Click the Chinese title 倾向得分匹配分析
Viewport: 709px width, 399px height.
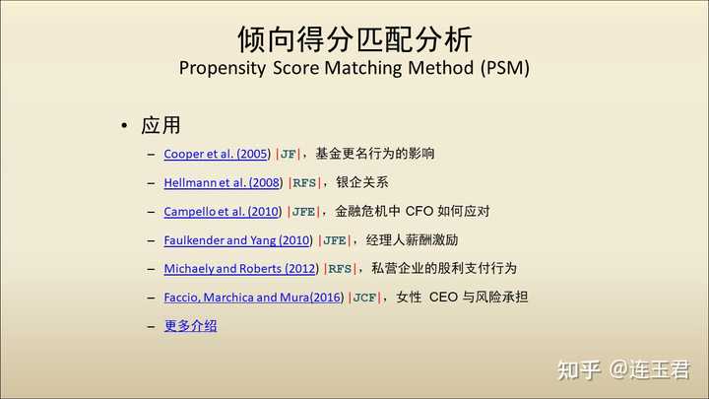click(354, 39)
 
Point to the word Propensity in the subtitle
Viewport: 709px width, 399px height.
click(223, 68)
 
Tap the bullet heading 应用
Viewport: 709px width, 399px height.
click(161, 125)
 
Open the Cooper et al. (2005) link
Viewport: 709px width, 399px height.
click(217, 154)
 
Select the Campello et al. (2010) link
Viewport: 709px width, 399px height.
click(223, 211)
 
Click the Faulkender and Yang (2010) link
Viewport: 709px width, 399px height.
click(238, 240)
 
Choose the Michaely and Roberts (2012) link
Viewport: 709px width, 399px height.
click(241, 269)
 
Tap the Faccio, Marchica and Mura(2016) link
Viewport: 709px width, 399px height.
click(254, 298)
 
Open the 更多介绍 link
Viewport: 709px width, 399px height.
click(190, 326)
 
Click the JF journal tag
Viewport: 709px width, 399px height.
click(288, 155)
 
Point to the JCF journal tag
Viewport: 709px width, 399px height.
click(364, 298)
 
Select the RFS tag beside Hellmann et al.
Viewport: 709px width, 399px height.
click(304, 183)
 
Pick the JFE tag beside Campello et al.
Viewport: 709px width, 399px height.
click(303, 212)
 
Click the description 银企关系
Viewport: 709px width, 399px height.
click(362, 182)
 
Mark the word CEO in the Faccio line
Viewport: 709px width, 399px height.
click(443, 298)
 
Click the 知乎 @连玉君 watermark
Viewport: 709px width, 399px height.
click(623, 369)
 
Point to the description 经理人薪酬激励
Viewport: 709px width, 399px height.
click(412, 239)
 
